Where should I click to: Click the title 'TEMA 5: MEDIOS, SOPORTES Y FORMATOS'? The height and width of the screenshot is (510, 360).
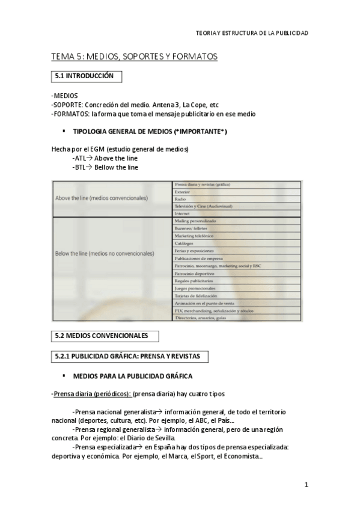[x=134, y=57]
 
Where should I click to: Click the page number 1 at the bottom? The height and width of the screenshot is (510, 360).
[x=306, y=485]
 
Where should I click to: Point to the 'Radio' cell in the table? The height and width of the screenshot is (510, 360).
[x=180, y=198]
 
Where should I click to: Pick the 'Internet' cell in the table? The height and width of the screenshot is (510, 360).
[x=182, y=214]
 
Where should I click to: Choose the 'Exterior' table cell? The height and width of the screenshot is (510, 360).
[x=183, y=191]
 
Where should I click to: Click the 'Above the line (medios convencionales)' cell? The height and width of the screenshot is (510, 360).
[x=102, y=197]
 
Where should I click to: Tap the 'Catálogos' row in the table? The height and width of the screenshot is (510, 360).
[x=184, y=243]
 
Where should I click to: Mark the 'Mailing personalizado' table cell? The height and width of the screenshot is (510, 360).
[x=195, y=221]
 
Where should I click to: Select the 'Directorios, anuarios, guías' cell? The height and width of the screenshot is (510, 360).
[x=201, y=318]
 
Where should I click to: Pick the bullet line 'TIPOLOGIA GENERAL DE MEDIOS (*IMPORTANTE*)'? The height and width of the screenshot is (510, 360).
[x=150, y=131]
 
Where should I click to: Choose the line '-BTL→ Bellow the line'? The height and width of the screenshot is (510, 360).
[x=105, y=167]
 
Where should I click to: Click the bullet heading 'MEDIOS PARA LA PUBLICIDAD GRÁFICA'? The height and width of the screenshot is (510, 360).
[x=132, y=376]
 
